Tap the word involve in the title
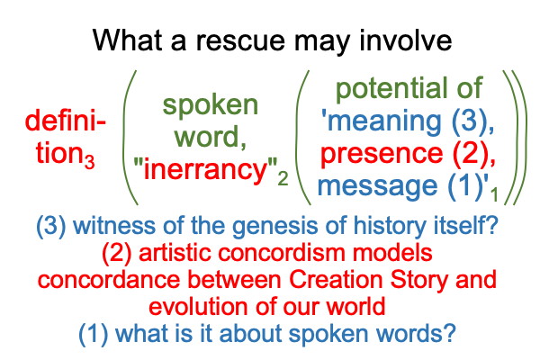pos(405,40)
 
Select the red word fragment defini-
pos(66,121)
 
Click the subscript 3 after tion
pos(89,162)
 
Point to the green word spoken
pos(210,105)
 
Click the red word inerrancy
pos(205,169)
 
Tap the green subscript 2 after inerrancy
pos(283,178)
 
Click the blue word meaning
pos(384,121)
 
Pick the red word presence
pos(382,154)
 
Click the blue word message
pos(377,186)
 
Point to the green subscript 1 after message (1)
pos(494,194)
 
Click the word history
pos(390,226)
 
